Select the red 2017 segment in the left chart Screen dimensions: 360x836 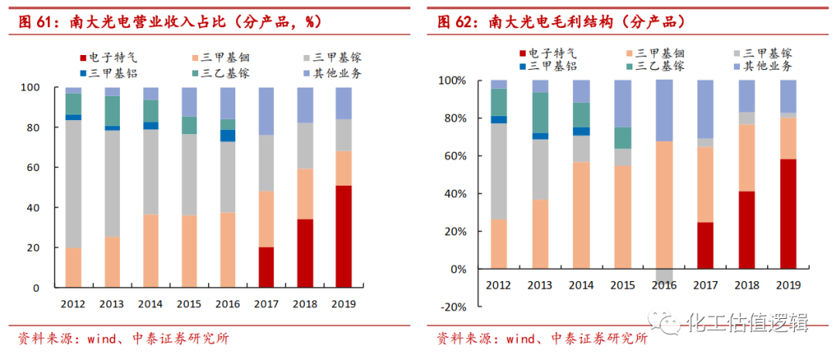266,267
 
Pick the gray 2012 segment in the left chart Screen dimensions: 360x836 74,183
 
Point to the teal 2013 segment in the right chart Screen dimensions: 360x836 540,112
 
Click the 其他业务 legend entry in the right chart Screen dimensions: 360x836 767,67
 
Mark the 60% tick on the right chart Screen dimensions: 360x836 452,156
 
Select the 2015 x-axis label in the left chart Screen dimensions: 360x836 188,303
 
